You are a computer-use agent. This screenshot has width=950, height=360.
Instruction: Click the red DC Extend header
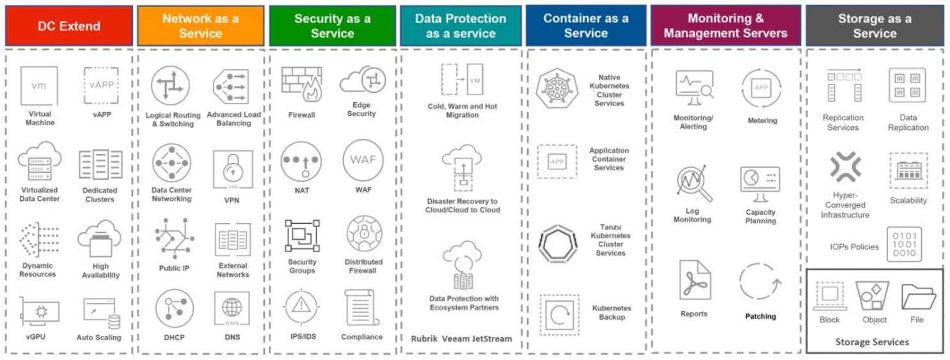[69, 26]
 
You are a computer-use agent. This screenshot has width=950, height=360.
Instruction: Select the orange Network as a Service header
[200, 26]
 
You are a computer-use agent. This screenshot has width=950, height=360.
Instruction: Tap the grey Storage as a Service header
[875, 26]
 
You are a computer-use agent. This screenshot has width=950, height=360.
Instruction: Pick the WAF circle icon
[363, 160]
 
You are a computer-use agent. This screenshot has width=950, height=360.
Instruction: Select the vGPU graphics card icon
[39, 311]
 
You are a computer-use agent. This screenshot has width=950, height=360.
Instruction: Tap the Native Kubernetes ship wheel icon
[556, 90]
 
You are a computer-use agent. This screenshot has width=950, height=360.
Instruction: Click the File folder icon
[918, 297]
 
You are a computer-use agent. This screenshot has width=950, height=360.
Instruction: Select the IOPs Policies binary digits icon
[904, 244]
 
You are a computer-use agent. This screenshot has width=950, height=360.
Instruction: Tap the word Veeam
[457, 339]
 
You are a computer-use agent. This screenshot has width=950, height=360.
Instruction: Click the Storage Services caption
[872, 342]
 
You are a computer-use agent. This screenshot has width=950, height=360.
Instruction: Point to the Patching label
[761, 317]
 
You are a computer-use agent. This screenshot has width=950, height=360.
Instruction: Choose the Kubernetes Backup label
[611, 313]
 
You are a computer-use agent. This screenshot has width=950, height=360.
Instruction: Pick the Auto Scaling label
[99, 338]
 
